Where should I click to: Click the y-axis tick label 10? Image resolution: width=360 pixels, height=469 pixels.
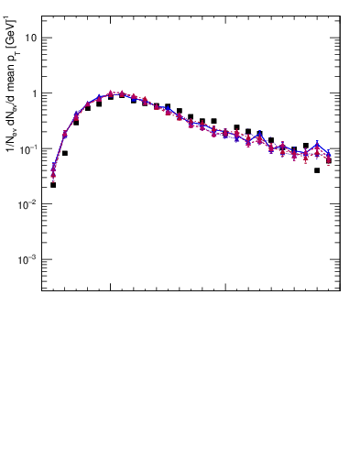[31, 38]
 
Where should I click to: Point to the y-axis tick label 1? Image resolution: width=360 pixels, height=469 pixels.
[34, 93]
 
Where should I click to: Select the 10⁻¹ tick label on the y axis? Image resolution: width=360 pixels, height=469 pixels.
[30, 148]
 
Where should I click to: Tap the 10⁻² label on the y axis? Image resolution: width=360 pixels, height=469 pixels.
[30, 204]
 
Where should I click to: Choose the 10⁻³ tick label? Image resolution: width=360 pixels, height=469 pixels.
[30, 259]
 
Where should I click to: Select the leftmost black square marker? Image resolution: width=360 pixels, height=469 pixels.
[53, 185]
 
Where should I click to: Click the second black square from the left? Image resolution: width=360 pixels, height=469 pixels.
[65, 153]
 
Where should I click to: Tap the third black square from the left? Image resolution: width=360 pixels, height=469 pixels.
[76, 122]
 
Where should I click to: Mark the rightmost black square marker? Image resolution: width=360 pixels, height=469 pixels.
[329, 160]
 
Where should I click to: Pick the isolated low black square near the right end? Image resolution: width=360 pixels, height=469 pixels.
[317, 170]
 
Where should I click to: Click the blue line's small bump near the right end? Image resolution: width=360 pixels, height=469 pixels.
[317, 144]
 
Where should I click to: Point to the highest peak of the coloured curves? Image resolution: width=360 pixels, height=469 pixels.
[111, 93]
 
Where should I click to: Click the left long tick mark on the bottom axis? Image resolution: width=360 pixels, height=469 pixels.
[111, 287]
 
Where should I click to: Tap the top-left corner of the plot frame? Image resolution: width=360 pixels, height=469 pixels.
[42, 16]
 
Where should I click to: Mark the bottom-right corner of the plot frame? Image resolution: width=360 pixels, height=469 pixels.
[340, 291]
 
